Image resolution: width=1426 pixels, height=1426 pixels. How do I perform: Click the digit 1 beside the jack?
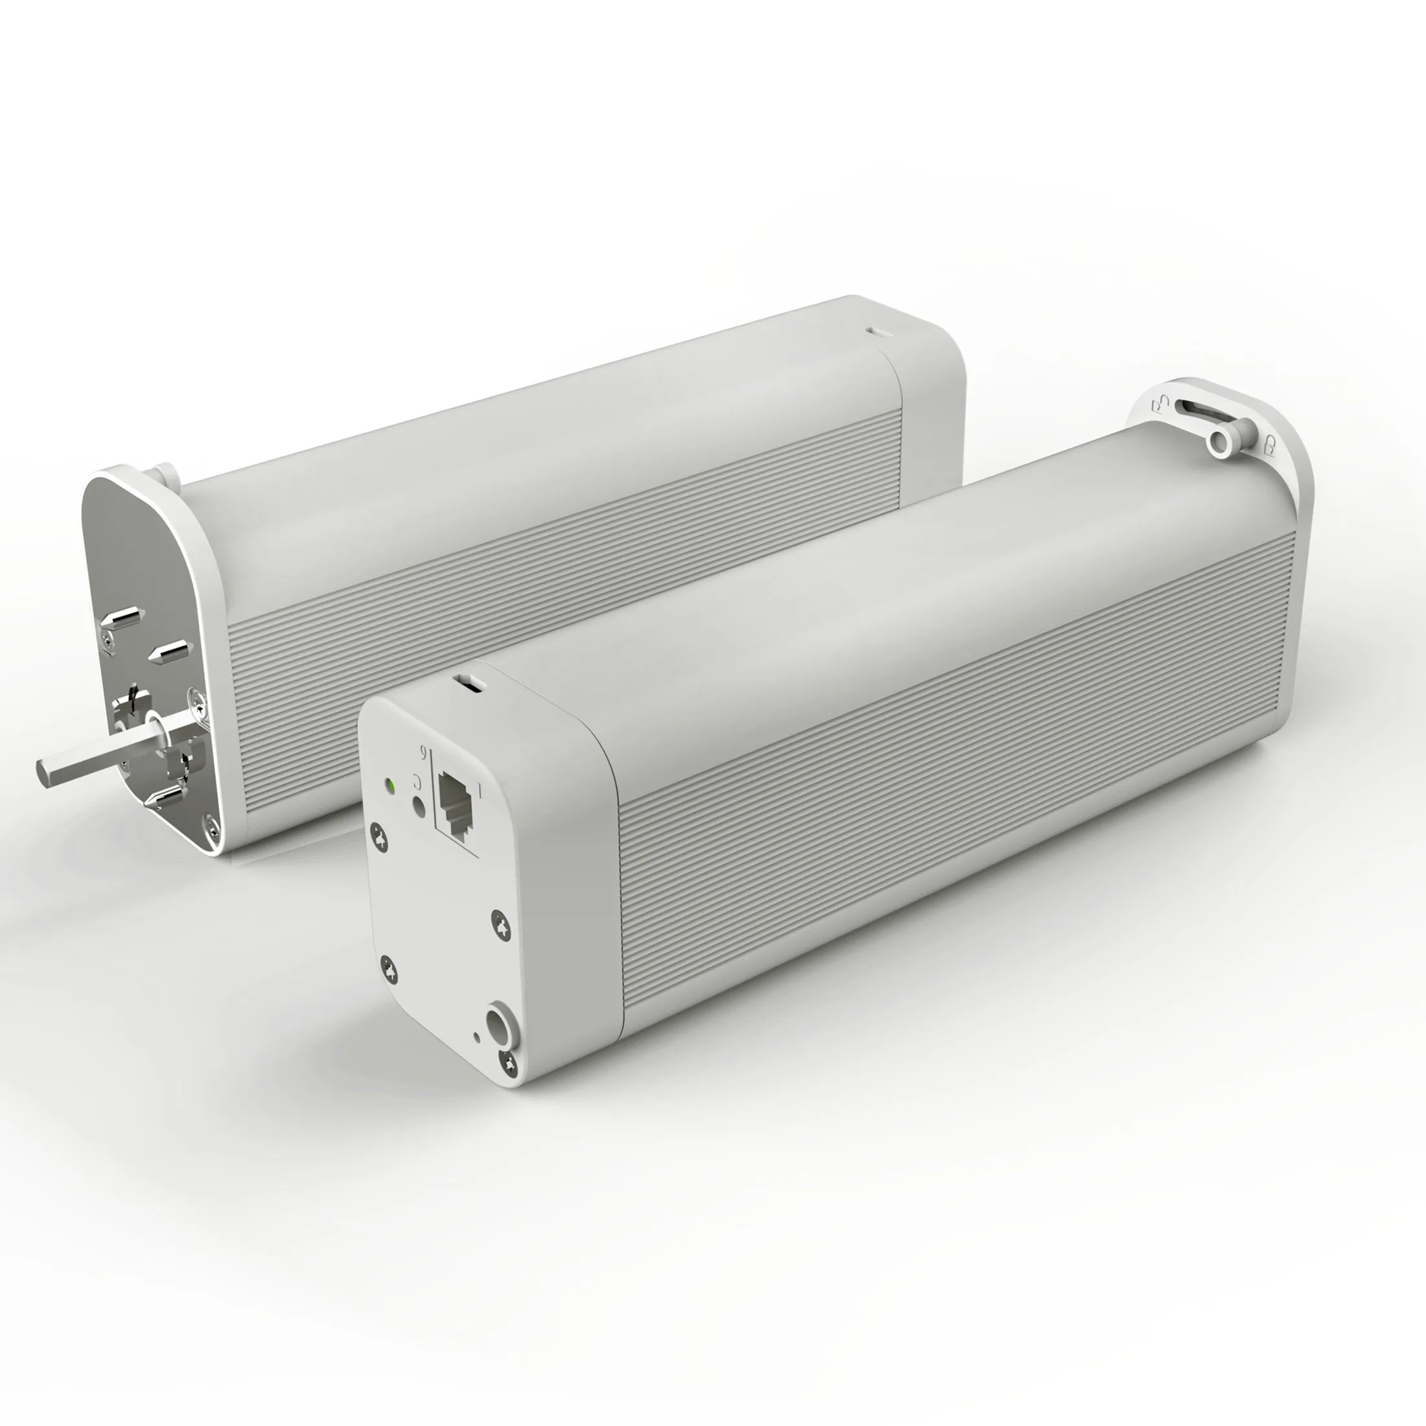coord(480,793)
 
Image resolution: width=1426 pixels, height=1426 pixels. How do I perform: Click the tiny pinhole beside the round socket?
coord(477,1036)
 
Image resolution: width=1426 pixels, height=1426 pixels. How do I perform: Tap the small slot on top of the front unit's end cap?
coord(468,681)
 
